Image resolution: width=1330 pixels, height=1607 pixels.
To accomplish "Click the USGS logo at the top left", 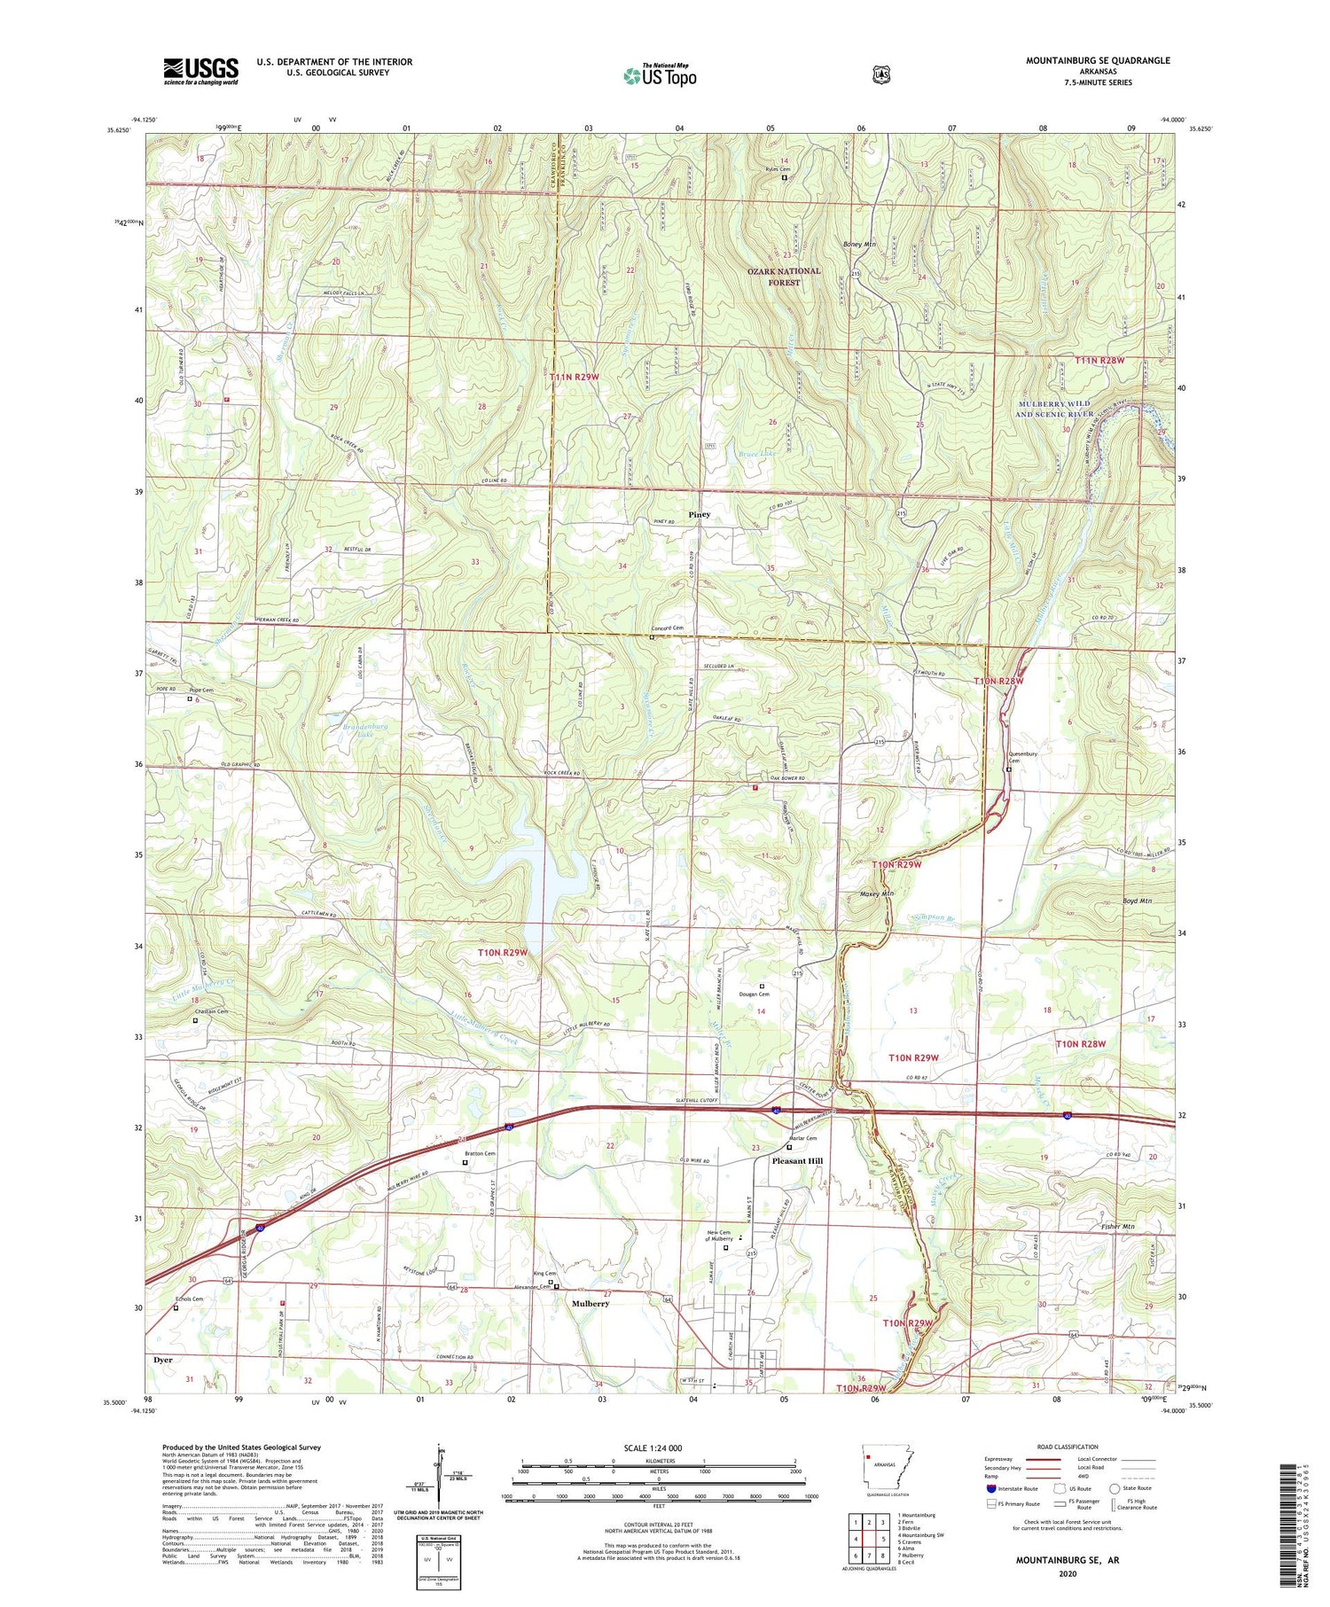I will click(x=200, y=70).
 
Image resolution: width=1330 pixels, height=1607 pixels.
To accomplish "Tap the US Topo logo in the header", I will click(x=660, y=75).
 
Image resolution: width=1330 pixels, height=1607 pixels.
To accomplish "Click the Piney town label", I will click(x=700, y=514).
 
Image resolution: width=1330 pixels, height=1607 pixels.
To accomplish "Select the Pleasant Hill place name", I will click(x=797, y=1161).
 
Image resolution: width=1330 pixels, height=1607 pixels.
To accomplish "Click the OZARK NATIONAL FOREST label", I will click(x=784, y=277).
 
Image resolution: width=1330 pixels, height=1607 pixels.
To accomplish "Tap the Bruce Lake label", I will click(x=755, y=454).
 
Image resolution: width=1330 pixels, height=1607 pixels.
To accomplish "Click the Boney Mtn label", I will click(x=858, y=244).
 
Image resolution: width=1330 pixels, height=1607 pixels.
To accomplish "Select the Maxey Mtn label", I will click(x=876, y=893).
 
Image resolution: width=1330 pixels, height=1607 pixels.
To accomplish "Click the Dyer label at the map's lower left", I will click(x=162, y=1360).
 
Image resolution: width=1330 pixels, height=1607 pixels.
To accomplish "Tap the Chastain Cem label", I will click(x=211, y=1011).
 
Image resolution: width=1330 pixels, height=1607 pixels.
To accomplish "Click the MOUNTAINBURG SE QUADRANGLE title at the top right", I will click(x=1098, y=60).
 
